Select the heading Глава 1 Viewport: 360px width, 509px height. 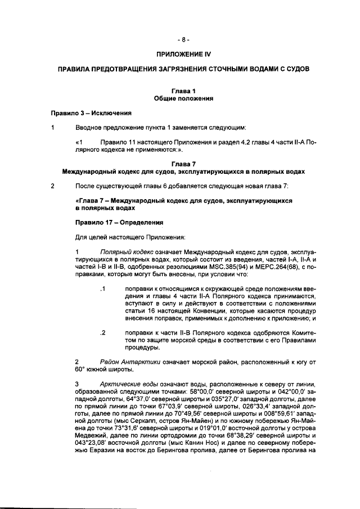(x=183, y=91)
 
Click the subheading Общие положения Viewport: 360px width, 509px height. (x=183, y=98)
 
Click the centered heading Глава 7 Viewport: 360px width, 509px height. (x=183, y=163)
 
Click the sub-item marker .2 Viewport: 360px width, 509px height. (x=102, y=333)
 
